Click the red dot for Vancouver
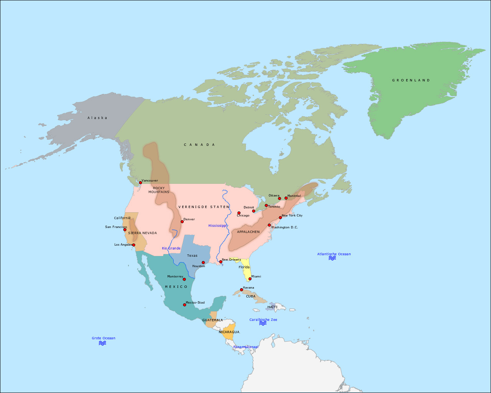point(140,183)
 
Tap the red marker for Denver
point(182,221)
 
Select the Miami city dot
point(250,279)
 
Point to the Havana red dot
point(241,290)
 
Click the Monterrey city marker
point(184,279)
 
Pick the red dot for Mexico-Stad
point(185,305)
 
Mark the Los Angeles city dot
point(133,245)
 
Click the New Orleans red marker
point(221,262)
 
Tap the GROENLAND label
point(411,80)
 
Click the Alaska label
point(97,118)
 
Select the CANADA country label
point(199,145)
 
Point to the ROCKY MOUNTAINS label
point(159,190)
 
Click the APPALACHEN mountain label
point(248,232)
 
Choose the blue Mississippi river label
point(217,226)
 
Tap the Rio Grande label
point(171,248)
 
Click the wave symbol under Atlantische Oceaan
point(332,258)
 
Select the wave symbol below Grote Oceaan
point(102,343)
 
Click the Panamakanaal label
point(245,347)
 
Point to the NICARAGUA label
point(229,332)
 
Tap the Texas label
point(192,256)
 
